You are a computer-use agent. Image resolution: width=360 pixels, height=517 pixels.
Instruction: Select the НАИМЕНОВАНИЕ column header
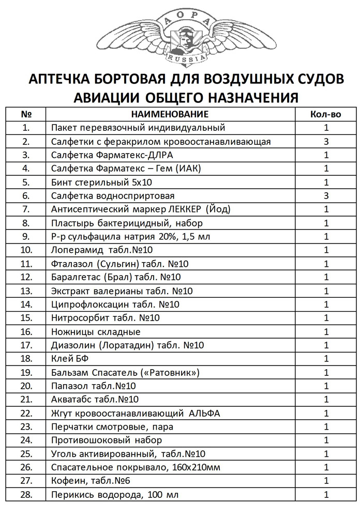tap(170, 114)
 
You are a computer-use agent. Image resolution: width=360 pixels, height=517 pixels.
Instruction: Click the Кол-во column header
tap(326, 114)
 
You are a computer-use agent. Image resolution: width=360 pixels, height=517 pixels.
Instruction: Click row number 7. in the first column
tap(27, 209)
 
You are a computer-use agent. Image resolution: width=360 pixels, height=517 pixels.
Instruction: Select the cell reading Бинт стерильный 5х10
tap(102, 182)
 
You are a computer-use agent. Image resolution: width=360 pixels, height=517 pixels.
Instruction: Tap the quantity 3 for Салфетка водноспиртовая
tap(326, 195)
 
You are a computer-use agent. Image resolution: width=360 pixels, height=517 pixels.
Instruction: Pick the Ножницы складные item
tap(96, 331)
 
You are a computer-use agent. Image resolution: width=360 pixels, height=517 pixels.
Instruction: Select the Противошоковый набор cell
tap(107, 440)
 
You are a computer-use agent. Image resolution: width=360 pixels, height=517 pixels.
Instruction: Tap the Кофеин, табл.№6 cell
tap(91, 481)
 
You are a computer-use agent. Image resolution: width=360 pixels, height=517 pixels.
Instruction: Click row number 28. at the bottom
tap(27, 494)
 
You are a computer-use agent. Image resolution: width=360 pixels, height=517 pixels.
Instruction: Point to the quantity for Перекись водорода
tap(326, 494)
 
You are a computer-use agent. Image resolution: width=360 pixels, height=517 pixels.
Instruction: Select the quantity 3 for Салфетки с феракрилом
tap(326, 141)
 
